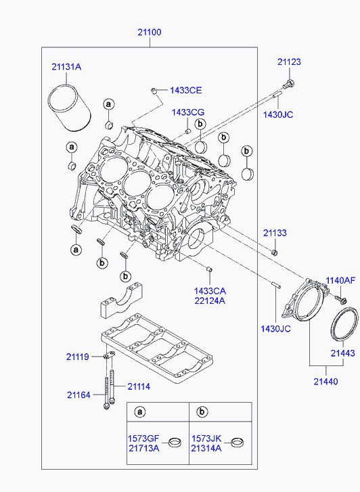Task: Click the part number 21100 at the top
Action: pos(150,32)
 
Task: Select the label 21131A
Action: pos(66,67)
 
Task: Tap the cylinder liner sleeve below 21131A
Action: pos(70,108)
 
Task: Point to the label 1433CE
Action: pos(186,91)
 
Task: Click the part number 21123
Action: pos(289,62)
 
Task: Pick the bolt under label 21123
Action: pos(288,84)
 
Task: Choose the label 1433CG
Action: pos(188,112)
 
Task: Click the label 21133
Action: pos(275,233)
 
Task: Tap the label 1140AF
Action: pos(340,280)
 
